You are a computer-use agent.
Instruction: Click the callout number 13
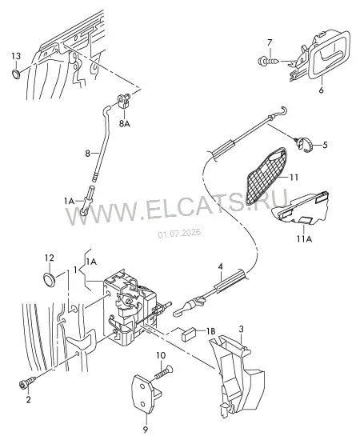pos(16,56)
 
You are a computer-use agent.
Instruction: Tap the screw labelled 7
pos(269,60)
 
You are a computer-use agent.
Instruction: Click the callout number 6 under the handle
pos(322,90)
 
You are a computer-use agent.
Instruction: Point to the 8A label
pos(124,123)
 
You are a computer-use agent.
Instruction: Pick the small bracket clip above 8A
pos(123,101)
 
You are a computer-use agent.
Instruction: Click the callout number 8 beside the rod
pos(87,154)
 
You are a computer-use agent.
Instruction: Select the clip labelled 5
pos(304,144)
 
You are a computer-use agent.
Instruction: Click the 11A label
pos(304,239)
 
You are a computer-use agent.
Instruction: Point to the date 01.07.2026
pos(179,233)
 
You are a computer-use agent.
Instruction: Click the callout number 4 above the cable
pos(221,266)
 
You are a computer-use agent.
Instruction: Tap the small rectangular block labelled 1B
pos(188,334)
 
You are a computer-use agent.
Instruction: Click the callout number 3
pos(242,329)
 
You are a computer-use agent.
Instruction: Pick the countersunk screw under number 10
pos(163,371)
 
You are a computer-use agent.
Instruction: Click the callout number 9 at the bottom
pos(146,430)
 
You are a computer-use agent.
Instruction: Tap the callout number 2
pos(28,399)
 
